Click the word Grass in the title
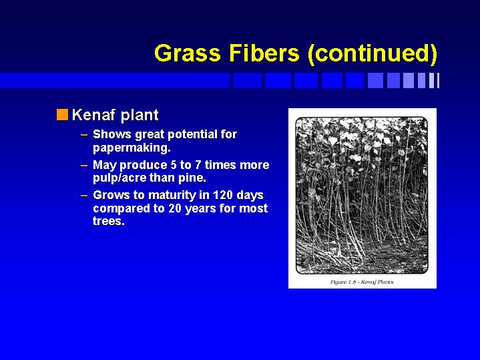(x=188, y=53)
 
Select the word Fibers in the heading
(x=264, y=53)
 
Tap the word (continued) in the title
(x=373, y=54)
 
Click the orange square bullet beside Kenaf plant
(x=62, y=115)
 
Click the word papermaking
(x=132, y=148)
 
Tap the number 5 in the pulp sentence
(x=174, y=165)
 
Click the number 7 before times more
(x=198, y=165)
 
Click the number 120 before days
(x=222, y=195)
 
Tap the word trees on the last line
(x=109, y=221)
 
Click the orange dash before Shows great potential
(x=84, y=134)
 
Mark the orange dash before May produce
(x=84, y=166)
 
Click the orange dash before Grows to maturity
(x=84, y=196)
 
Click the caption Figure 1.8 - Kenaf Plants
(x=362, y=282)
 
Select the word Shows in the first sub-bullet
(x=112, y=134)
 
